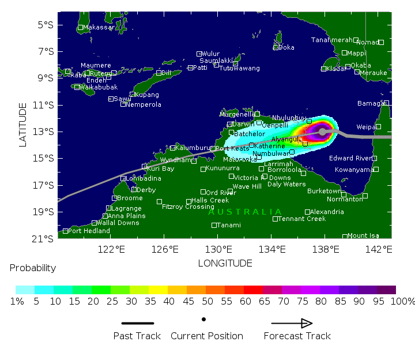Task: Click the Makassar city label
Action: (99, 27)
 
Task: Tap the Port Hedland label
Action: (89, 231)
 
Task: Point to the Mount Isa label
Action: (363, 235)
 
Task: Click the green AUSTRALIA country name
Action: (245, 212)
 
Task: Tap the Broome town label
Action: (130, 198)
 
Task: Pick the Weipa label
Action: (367, 126)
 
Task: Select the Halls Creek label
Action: (210, 200)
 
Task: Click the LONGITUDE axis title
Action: (225, 263)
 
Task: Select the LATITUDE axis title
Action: (23, 125)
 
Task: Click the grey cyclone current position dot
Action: (322, 132)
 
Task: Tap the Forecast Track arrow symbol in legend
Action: (292, 323)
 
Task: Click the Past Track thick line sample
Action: (137, 323)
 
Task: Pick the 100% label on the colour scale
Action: (403, 301)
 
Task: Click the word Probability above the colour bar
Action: (33, 268)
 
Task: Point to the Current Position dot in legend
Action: (203, 319)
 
